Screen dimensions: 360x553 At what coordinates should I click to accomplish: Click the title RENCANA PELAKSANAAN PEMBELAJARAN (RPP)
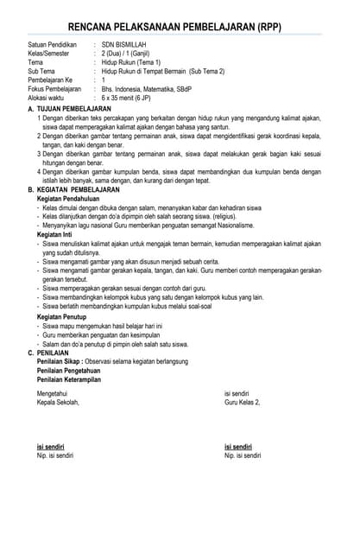[180, 29]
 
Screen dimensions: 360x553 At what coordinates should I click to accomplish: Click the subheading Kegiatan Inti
[57, 234]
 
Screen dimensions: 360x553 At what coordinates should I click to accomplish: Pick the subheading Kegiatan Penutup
[63, 317]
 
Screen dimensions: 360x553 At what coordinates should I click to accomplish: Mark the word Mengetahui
[52, 393]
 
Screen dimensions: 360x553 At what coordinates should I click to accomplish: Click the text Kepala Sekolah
[58, 402]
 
